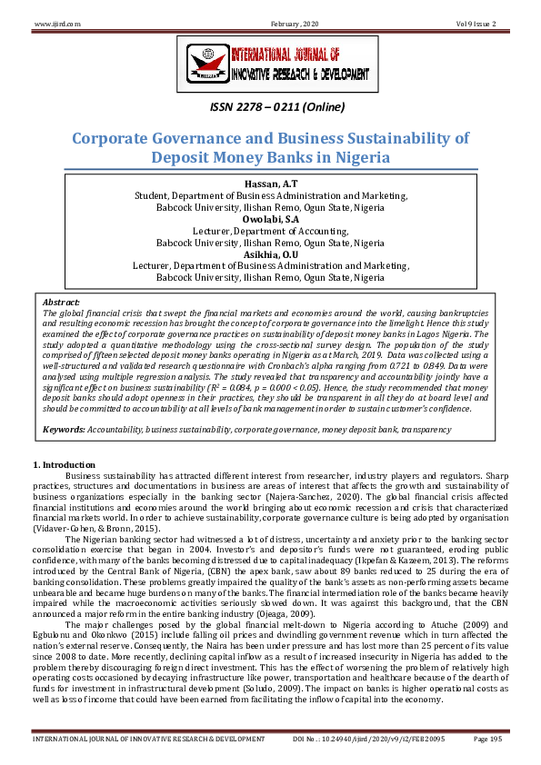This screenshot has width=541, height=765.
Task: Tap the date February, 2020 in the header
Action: pyautogui.click(x=271, y=21)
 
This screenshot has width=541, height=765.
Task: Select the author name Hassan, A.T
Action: pyautogui.click(x=270, y=184)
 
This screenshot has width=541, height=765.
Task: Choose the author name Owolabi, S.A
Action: pyautogui.click(x=270, y=219)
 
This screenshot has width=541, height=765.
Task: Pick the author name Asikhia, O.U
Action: pyautogui.click(x=270, y=254)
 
